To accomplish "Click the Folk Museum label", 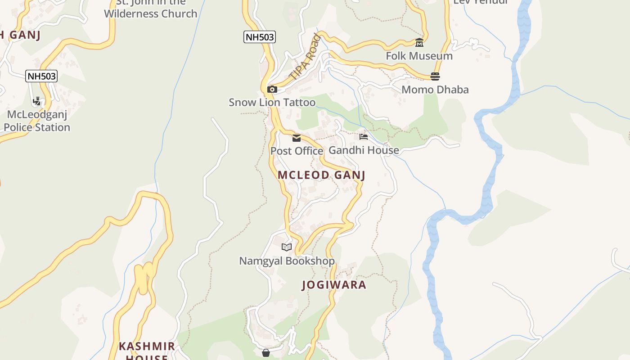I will (419, 56).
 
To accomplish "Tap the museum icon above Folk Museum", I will (419, 43).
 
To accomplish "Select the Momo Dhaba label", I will (435, 89).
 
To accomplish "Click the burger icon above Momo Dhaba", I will (435, 76).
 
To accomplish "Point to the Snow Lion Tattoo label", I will (272, 102).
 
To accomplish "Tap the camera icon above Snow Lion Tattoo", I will (272, 89).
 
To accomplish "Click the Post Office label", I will (297, 151).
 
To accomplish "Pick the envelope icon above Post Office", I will (297, 138).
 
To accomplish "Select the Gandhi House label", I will (364, 150).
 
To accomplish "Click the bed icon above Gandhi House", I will (364, 136).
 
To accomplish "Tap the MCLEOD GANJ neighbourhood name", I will (321, 175).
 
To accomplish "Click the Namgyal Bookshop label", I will (287, 261).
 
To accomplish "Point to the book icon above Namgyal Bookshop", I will (287, 247).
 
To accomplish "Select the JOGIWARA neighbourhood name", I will (334, 285).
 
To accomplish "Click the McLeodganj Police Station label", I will (37, 121).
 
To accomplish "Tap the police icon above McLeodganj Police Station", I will (37, 101).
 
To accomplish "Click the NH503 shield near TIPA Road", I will (260, 37).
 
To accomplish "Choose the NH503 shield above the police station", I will (41, 76).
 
